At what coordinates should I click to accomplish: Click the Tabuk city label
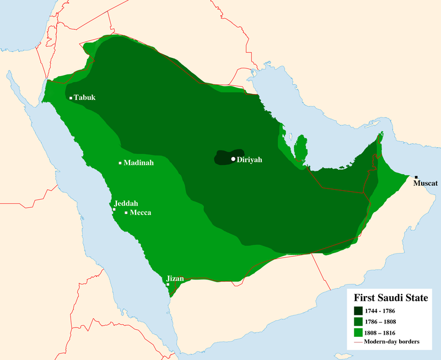click(x=85, y=98)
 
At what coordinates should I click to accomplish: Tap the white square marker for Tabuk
click(x=71, y=98)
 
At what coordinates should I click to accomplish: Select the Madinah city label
click(x=138, y=163)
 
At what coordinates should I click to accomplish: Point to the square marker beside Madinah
click(x=120, y=163)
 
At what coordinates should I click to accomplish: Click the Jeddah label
click(x=126, y=203)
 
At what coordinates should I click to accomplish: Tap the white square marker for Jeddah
click(x=114, y=209)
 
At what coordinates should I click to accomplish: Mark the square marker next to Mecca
click(x=126, y=213)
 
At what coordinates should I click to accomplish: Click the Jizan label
click(x=175, y=278)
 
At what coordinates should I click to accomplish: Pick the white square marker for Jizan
click(x=168, y=284)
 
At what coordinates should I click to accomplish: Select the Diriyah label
click(x=249, y=159)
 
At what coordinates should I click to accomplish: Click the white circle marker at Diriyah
click(x=233, y=159)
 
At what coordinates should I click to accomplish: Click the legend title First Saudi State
click(x=391, y=298)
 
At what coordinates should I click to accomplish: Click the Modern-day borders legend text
click(x=396, y=342)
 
